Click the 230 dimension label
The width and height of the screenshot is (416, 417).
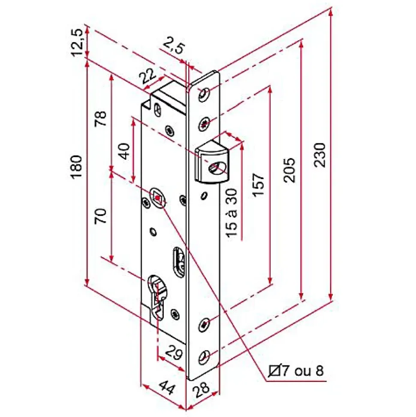coord(320,155)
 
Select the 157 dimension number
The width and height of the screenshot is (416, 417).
coord(259,185)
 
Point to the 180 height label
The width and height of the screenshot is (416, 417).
coord(77,167)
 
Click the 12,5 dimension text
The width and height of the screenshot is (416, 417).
coord(77,42)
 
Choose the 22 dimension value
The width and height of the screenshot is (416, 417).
coord(148,76)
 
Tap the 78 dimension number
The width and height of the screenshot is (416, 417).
coord(101,119)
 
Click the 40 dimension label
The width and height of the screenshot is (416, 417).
coord(124,151)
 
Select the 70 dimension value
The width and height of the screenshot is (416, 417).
coord(101,216)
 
